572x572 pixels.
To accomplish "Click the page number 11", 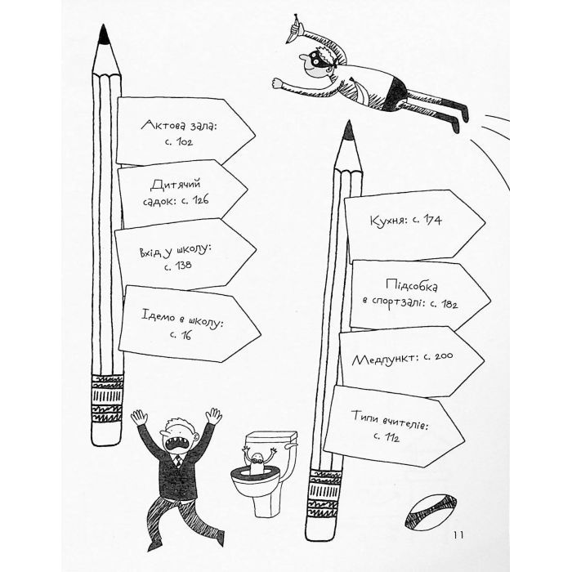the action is [x=458, y=535].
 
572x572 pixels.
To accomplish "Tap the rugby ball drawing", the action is [x=431, y=512].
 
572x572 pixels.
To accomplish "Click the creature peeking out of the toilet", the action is [x=257, y=461].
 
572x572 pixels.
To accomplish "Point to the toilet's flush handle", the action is [x=291, y=445].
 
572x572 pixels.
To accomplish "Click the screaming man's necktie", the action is [x=177, y=460].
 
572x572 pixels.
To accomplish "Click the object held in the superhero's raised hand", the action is [x=294, y=29].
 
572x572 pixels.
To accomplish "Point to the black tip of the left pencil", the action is [x=103, y=34].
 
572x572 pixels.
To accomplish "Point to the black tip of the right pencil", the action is [x=349, y=130].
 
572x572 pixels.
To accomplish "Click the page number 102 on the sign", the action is [x=184, y=141].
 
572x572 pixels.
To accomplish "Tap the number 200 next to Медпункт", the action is [x=444, y=355].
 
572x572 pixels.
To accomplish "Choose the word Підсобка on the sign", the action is [x=412, y=285].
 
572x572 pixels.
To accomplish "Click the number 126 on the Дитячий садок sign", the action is [x=200, y=199].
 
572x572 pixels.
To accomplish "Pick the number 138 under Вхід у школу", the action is [x=183, y=265].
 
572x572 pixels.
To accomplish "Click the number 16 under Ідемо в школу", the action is [x=186, y=335].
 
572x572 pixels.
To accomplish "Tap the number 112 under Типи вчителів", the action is [x=391, y=436].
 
